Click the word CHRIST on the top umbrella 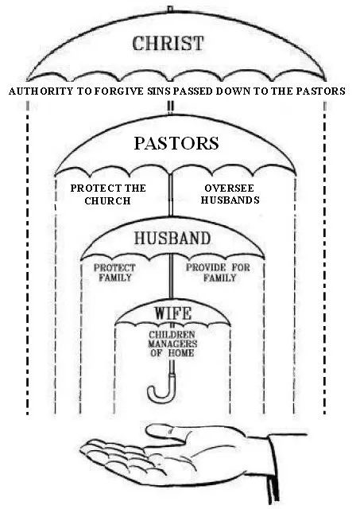168,43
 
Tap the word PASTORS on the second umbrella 176,143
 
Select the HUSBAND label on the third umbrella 172,238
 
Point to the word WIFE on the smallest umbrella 173,313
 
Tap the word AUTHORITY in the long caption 41,91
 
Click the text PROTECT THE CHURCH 108,194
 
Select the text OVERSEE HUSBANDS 230,194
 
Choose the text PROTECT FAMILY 114,273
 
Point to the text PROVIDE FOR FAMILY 218,272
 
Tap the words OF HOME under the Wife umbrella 172,353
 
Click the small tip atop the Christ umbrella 169,9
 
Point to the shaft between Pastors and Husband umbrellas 171,196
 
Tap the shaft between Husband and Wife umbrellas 171,276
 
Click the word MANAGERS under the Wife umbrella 172,344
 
